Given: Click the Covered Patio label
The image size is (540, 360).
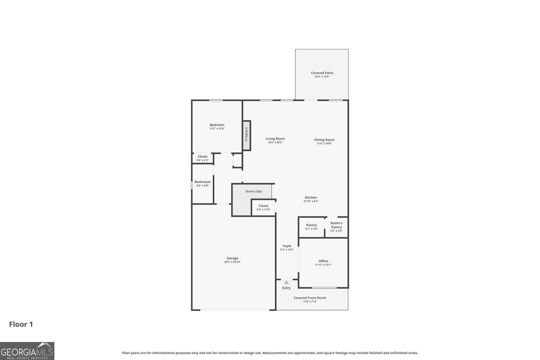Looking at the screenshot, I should pos(322,73).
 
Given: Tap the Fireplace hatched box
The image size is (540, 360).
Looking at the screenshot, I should pos(247,131).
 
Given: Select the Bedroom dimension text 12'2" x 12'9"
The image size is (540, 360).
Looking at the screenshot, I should pos(217,129).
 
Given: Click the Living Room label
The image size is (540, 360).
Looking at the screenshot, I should pos(275,139).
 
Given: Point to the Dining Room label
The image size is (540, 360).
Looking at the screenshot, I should pos(324,140).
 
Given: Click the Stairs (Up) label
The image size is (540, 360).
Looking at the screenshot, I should pos(253,191).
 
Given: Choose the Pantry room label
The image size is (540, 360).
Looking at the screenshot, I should pos(311,225).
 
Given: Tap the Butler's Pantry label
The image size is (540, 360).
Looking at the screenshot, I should pos(336,225).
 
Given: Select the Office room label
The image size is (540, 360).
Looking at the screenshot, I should pos(323,261).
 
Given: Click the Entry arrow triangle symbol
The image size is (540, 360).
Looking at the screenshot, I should pos(286,283).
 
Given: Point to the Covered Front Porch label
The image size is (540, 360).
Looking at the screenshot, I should pos(310,298).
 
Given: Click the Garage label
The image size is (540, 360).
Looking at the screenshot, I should pos(232,258).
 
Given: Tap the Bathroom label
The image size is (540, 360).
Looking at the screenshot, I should pos(202,182).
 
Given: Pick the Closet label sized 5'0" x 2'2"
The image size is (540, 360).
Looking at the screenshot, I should pos(202,157).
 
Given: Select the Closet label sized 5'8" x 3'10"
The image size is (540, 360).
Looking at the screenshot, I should pos(263,206).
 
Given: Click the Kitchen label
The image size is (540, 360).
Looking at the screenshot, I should pos(311,197).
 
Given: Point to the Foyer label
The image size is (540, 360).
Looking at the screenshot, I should pos(287,246).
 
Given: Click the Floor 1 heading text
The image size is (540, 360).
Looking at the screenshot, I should pos(21,324).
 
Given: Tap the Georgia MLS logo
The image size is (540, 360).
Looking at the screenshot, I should pos(27,351).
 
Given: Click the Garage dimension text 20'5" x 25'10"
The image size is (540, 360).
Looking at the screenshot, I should pos(232,262).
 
